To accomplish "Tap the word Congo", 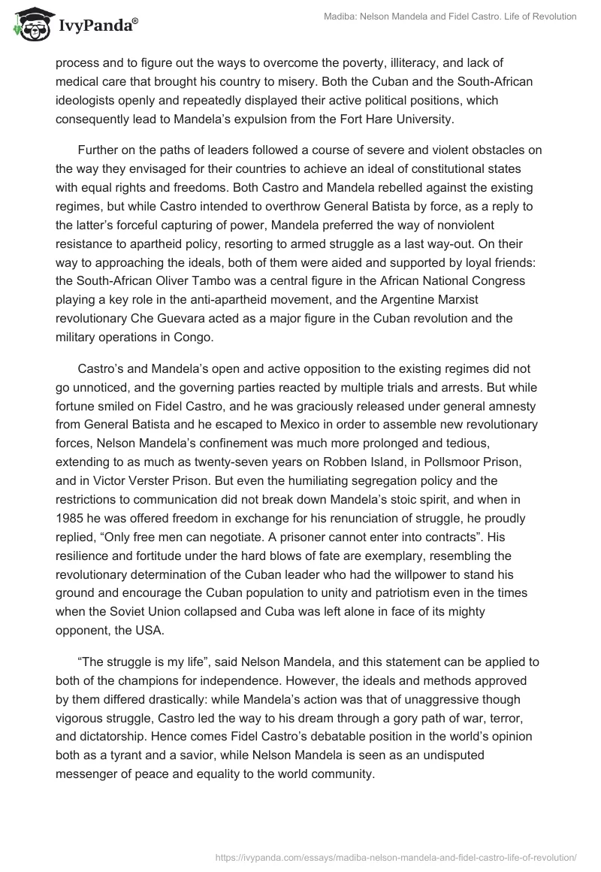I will tap(194, 336).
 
